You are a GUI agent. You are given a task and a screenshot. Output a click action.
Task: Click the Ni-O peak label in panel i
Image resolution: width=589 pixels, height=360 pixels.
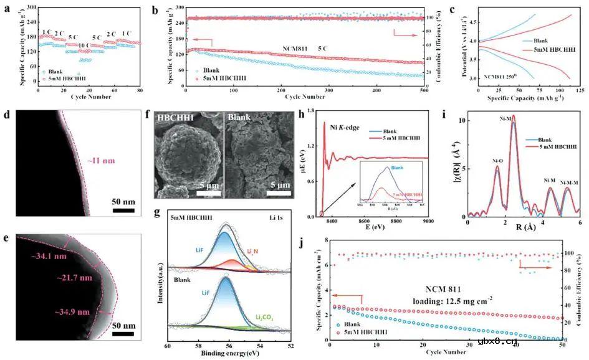tap(497, 160)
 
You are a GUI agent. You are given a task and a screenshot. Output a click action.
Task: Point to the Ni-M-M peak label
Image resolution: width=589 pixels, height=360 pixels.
tap(568, 182)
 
